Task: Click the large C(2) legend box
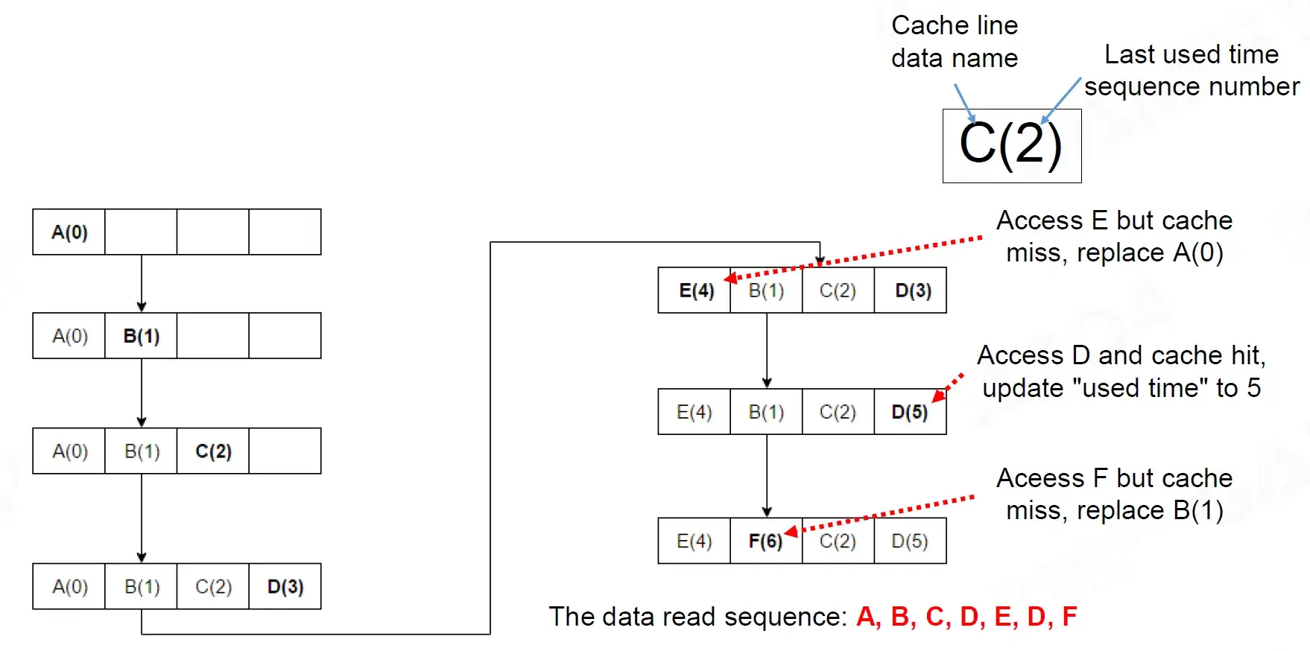1012,146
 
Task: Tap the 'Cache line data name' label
955,42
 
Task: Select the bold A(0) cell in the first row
69,232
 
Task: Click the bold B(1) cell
142,336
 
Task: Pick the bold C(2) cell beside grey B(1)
213,451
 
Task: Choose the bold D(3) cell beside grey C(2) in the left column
285,587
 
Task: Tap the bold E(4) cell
695,290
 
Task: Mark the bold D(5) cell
911,412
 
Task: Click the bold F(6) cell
766,541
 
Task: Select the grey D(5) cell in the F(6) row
911,541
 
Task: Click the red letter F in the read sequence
1069,617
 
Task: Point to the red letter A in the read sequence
867,617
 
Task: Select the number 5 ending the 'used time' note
1254,388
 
